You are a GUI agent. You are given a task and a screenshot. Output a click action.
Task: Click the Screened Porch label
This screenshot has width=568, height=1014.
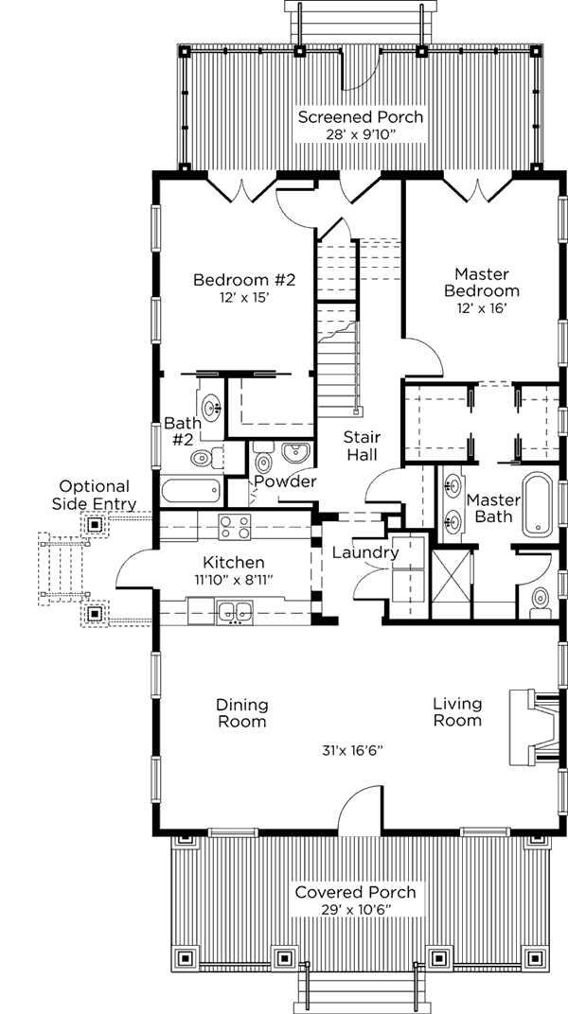click(x=361, y=117)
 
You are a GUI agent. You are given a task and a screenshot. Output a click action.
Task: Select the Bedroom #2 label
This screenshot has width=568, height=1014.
click(x=244, y=280)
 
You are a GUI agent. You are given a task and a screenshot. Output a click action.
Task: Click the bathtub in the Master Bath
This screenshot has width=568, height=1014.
click(x=538, y=504)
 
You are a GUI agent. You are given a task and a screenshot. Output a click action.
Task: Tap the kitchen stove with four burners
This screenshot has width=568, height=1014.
click(x=234, y=526)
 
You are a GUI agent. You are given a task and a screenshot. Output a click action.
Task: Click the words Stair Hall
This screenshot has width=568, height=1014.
click(x=362, y=445)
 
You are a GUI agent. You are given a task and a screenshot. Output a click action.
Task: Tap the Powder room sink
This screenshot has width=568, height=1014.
click(x=296, y=452)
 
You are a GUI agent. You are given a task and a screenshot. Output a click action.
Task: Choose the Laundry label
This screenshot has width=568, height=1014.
click(x=364, y=553)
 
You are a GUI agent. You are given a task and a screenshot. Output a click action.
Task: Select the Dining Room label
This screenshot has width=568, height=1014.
click(x=242, y=712)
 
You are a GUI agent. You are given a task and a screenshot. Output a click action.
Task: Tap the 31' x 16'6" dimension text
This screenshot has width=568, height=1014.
click(x=353, y=751)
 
